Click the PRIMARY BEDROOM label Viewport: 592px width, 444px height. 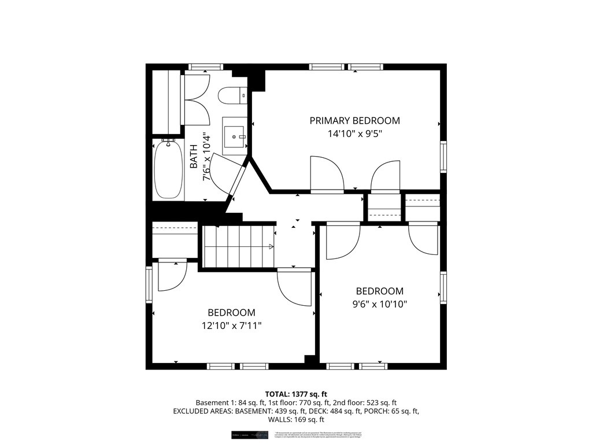coord(354,121)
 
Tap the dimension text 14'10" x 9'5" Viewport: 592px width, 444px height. coord(354,134)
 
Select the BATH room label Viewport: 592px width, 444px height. coord(194,157)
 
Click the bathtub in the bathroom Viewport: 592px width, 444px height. coord(168,170)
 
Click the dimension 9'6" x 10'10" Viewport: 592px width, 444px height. coord(379,304)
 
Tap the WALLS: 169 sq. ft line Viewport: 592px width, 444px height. coord(296,420)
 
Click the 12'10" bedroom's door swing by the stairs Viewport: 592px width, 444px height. coord(294,286)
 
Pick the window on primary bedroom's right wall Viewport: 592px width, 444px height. coord(443,157)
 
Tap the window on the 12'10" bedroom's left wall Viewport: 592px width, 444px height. coord(149,285)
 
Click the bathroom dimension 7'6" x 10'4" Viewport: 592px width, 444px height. coord(206,157)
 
